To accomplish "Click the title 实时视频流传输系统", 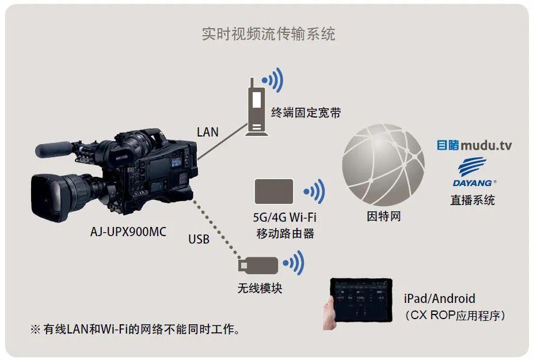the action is tap(268, 34).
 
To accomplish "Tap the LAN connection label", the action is tap(208, 132).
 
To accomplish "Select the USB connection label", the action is tap(199, 238).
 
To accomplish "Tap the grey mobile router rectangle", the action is tap(274, 191).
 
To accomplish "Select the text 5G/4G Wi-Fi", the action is tap(285, 218).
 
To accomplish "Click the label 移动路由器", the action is tap(285, 233).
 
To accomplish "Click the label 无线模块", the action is tap(260, 288).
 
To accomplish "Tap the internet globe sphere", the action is tap(383, 164).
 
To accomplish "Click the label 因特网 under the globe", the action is tap(383, 217).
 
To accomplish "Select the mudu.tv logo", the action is tap(474, 145).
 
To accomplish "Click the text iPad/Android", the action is tap(440, 298).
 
